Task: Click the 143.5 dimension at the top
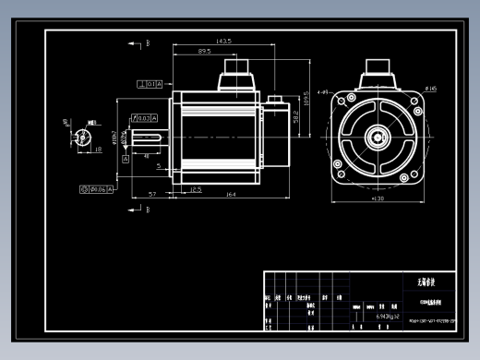[222, 41]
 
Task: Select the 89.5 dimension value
[204, 52]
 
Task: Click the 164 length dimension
[231, 195]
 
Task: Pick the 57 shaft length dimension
[151, 195]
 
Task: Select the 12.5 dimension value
[196, 188]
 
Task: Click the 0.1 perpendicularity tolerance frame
[150, 84]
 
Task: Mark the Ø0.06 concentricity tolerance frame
[96, 188]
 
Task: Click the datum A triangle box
[125, 159]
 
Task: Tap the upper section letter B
[146, 42]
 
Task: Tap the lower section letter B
[146, 210]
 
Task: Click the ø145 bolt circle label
[430, 89]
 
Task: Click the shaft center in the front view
[378, 138]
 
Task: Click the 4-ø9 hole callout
[324, 92]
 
